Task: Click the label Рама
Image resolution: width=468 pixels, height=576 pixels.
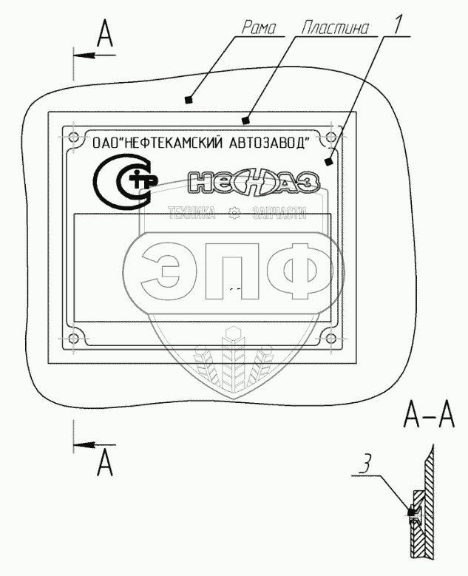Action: pyautogui.click(x=259, y=29)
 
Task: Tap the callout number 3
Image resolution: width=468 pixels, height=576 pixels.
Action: pyautogui.click(x=364, y=468)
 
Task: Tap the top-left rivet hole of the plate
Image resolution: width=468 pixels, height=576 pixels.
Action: pyautogui.click(x=72, y=137)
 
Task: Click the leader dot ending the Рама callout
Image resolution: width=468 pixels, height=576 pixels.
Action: pyautogui.click(x=190, y=99)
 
